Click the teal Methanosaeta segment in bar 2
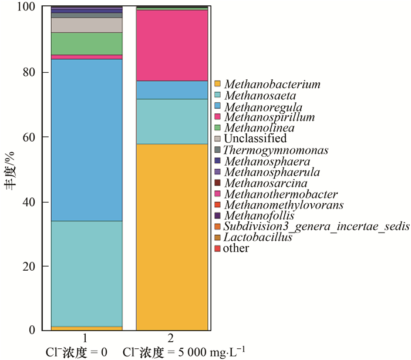tap(172, 122)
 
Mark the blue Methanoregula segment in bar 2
tap(172, 90)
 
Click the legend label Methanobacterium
tap(272, 85)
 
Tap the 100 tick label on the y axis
tap(26, 8)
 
